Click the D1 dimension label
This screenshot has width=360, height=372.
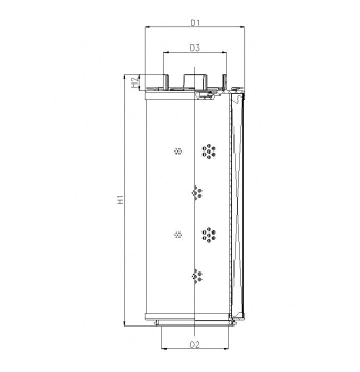[x=195, y=22]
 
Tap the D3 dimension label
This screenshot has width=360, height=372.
[x=195, y=48]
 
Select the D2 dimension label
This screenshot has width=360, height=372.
[x=194, y=344]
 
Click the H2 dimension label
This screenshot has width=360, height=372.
[x=135, y=82]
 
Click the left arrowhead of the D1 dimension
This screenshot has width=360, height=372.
[x=148, y=27]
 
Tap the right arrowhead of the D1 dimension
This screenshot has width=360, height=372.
[x=243, y=27]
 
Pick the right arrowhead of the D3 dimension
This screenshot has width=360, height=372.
[x=225, y=52]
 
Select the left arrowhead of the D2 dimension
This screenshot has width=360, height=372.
[x=163, y=348]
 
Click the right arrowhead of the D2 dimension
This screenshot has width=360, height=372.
[x=227, y=348]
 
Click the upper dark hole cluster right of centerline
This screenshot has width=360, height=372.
[x=209, y=151]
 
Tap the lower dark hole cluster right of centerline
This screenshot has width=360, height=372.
[x=209, y=235]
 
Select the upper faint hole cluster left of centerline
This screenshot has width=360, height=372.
[x=178, y=151]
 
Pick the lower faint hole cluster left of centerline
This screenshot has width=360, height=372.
[x=178, y=235]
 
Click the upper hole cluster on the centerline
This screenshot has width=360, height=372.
[x=196, y=193]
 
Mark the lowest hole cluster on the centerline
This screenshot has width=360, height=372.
[x=196, y=276]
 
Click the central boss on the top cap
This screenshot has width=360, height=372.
[x=195, y=81]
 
